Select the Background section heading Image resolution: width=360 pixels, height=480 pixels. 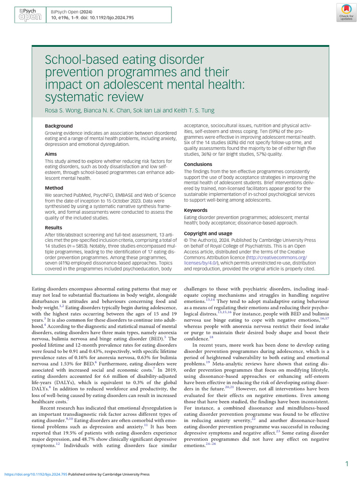pos(59,126)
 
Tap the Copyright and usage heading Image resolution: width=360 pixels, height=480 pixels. pos(208,233)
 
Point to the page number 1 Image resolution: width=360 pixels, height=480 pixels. pos(346,464)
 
